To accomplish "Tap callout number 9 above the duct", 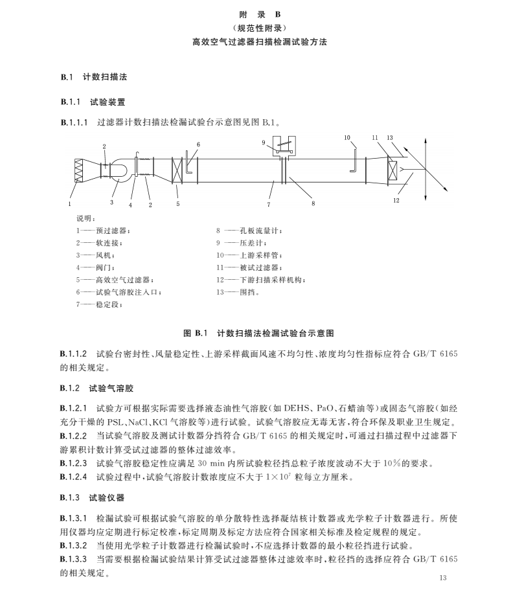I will coord(264,142).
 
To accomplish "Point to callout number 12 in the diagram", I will coord(396,201).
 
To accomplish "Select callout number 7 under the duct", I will coord(269,204).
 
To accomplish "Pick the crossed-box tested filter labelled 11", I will coord(393,172).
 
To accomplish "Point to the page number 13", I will coord(443,578).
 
